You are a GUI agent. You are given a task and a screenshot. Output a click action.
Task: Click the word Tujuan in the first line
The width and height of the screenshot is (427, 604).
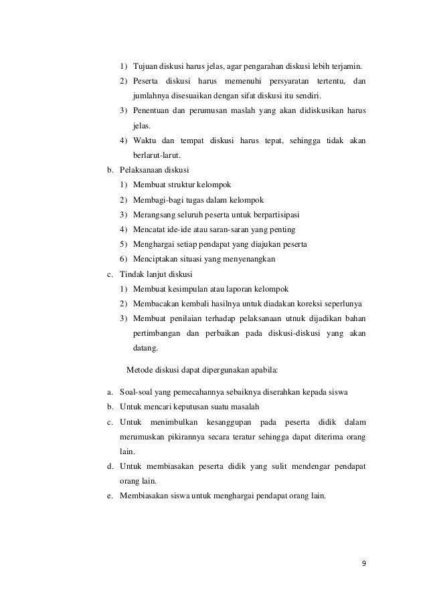(x=146, y=67)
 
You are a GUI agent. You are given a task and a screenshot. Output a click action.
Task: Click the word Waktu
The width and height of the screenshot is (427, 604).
(x=145, y=140)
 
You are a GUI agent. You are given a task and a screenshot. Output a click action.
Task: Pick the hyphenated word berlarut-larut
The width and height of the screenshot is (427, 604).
(x=153, y=155)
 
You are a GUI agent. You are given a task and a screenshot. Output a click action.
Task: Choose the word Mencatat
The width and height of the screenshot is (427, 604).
(x=149, y=229)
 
